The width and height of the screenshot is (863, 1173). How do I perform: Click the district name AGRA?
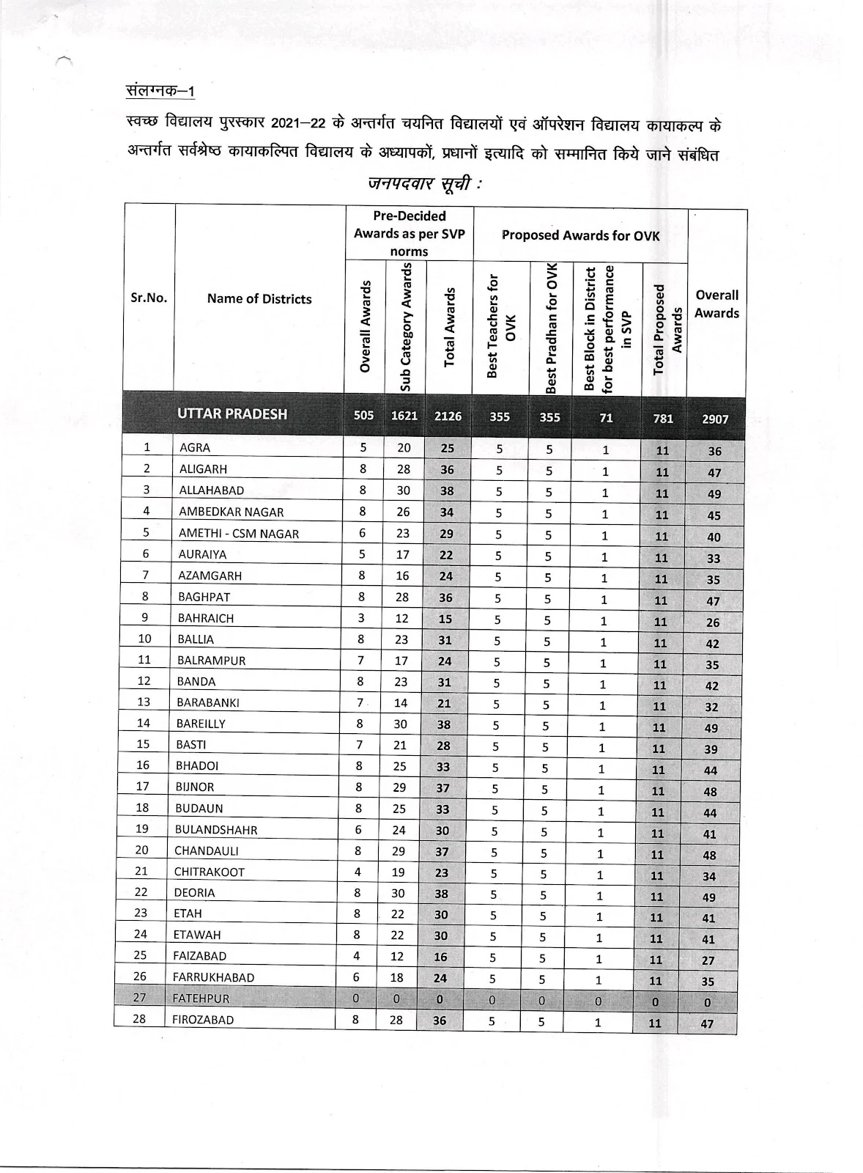[x=195, y=447]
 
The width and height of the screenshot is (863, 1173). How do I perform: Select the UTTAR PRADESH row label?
[x=232, y=413]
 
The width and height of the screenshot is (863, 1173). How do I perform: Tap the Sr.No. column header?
[x=149, y=298]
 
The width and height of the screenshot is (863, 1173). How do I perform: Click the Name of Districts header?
[x=259, y=298]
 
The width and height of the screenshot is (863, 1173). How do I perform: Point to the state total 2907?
[x=715, y=419]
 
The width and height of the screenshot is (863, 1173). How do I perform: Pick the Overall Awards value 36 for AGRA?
[x=714, y=452]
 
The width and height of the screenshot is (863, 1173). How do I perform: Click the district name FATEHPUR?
[x=201, y=999]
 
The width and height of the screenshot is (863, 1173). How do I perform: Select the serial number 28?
[x=139, y=1019]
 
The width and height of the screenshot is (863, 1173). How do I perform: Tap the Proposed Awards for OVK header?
[x=580, y=235]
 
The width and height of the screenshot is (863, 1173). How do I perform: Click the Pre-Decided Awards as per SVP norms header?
[x=409, y=233]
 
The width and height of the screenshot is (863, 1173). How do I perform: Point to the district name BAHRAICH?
[x=206, y=618]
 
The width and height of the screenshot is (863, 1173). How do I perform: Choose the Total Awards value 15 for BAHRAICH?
[x=445, y=619]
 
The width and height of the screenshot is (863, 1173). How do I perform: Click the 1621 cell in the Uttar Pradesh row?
[x=404, y=416]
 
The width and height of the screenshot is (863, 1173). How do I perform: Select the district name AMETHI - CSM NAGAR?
[x=239, y=534]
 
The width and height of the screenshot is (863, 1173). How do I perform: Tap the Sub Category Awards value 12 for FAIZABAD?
[x=398, y=956]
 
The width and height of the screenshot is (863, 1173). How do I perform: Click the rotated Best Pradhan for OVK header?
[x=551, y=328]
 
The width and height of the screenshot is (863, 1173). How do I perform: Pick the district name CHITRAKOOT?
[x=209, y=872]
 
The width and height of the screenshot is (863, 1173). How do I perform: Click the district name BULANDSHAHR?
[x=215, y=830]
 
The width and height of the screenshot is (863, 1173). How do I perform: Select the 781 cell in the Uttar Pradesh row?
[x=662, y=418]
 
